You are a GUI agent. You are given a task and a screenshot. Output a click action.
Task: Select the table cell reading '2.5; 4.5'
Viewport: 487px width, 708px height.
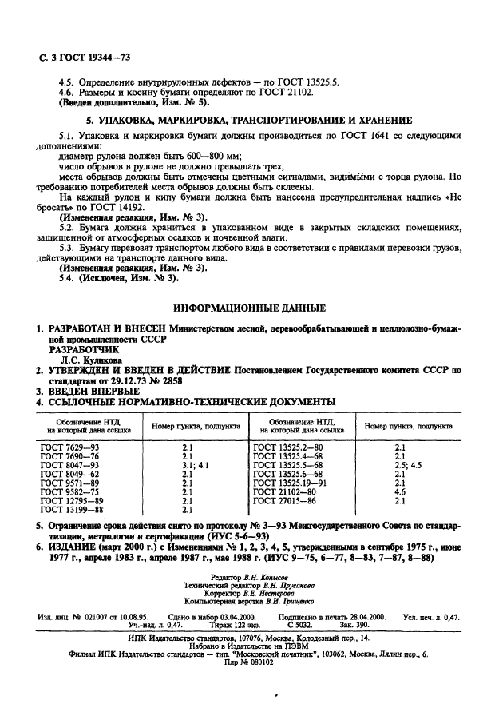[408, 464]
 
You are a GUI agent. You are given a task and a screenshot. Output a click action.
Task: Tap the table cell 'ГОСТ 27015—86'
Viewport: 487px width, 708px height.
[285, 500]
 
